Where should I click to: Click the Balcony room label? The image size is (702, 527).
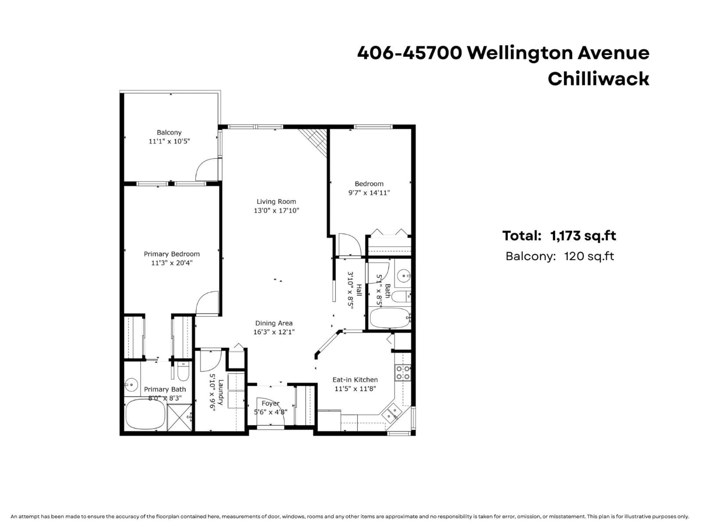pyautogui.click(x=169, y=132)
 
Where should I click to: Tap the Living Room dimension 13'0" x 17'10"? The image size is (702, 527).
pyautogui.click(x=276, y=210)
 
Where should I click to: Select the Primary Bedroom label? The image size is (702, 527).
pyautogui.click(x=172, y=254)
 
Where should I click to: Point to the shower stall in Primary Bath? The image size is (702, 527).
pyautogui.click(x=180, y=417)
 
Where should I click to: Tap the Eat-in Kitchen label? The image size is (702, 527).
pyautogui.click(x=355, y=380)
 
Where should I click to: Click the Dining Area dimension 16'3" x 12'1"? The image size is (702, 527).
pyautogui.click(x=274, y=332)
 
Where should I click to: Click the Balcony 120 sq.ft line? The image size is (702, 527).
pyautogui.click(x=560, y=256)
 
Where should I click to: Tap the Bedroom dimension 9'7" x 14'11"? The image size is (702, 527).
pyautogui.click(x=369, y=193)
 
